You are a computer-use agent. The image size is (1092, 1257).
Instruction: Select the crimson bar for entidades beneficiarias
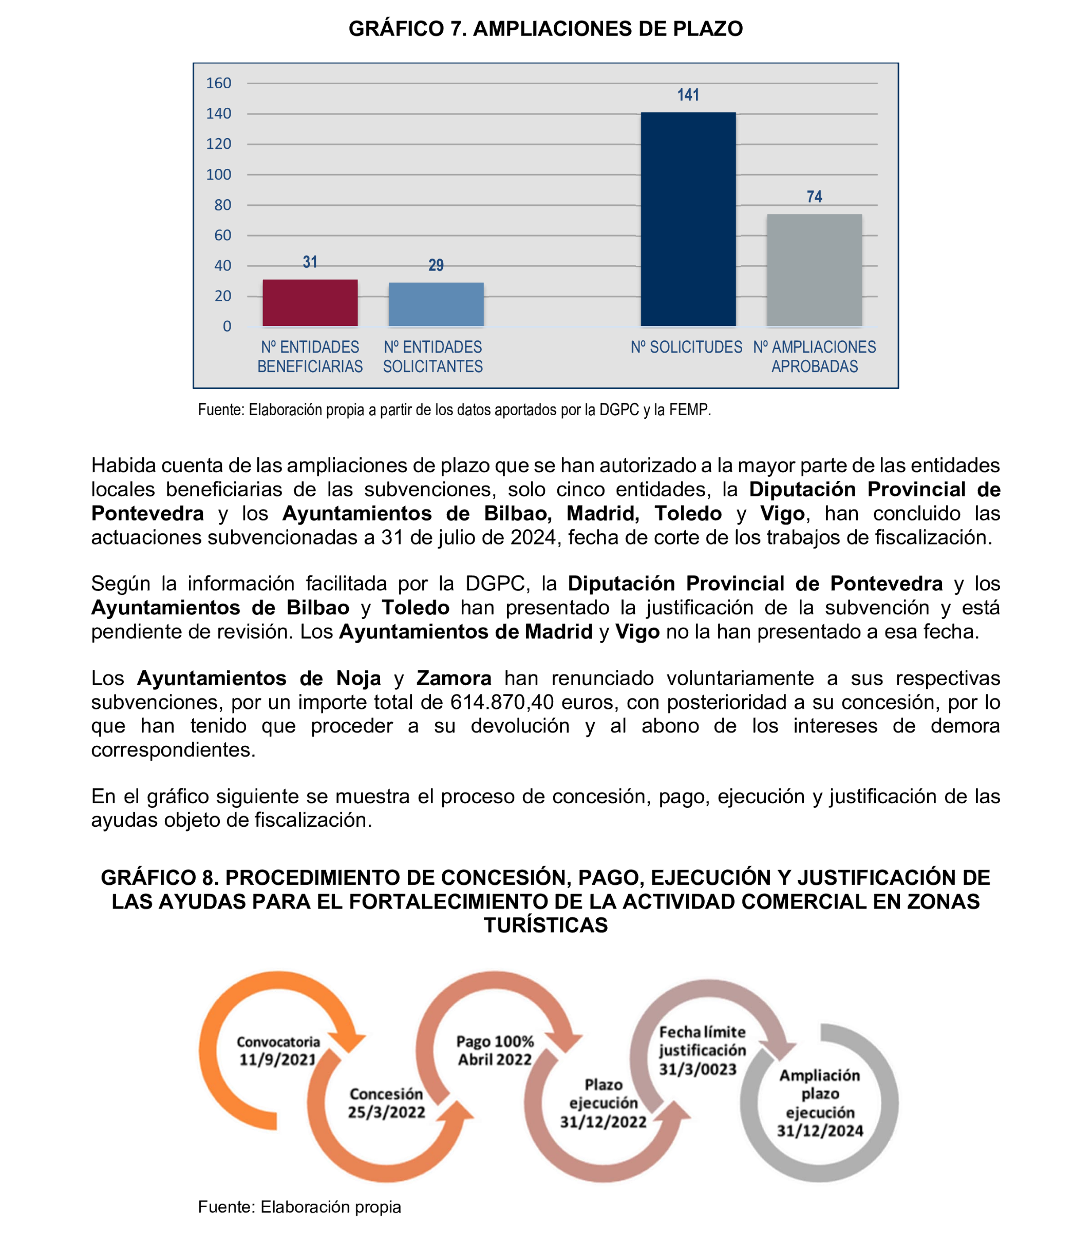310,303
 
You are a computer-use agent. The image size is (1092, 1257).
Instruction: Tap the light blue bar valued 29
436,304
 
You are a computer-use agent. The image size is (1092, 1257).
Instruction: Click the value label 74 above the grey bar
814,197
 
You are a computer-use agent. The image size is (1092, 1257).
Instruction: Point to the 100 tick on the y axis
219,175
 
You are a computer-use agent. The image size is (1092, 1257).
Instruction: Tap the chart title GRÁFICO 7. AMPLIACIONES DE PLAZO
545,29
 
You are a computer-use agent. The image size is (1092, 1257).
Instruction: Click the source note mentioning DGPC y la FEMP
454,410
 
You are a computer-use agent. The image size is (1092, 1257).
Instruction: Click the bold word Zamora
454,679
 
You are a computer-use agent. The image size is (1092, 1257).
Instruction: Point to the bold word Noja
359,679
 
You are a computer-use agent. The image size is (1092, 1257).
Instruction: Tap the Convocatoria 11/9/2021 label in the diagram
278,1051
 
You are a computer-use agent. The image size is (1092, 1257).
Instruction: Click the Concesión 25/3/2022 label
386,1103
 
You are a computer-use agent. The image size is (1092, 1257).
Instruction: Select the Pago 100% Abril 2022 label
495,1051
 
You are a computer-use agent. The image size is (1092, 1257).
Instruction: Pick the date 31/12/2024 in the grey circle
820,1131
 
